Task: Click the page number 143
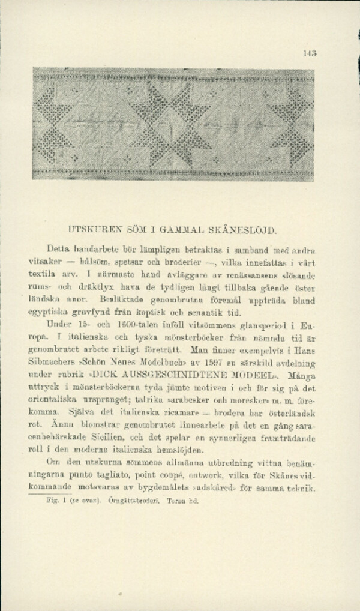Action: click(x=310, y=52)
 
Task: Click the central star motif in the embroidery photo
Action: click(x=174, y=123)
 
